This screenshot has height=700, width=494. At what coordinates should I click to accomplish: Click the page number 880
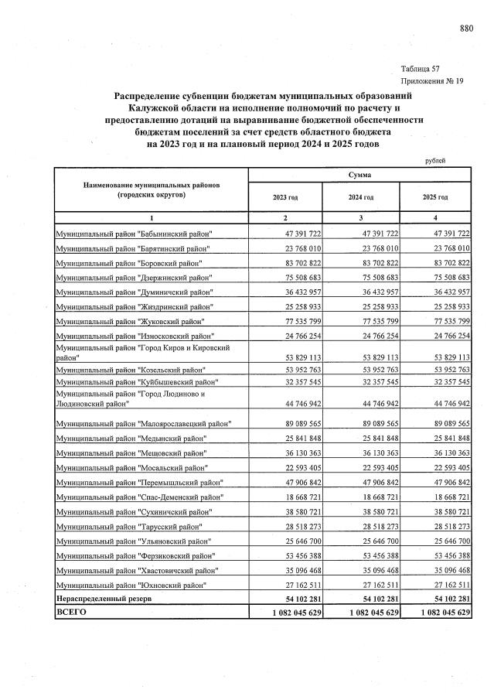[x=466, y=29]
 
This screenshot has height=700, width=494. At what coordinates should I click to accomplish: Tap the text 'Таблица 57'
[x=421, y=69]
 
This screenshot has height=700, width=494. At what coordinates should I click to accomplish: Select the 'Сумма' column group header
[x=359, y=176]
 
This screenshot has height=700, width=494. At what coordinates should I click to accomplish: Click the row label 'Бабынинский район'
[x=134, y=234]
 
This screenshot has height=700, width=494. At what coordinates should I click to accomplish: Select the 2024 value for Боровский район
[x=373, y=263]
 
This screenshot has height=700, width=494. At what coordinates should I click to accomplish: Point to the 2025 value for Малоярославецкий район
[x=448, y=423]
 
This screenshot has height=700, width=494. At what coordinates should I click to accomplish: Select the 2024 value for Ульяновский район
[x=373, y=541]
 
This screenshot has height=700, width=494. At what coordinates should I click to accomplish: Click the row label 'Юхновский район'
[x=134, y=585]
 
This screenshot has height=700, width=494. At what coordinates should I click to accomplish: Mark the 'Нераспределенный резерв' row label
[x=104, y=599]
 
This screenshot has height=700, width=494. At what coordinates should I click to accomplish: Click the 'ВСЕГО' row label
[x=71, y=613]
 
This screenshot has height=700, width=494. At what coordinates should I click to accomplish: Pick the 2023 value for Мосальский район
[x=298, y=467]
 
